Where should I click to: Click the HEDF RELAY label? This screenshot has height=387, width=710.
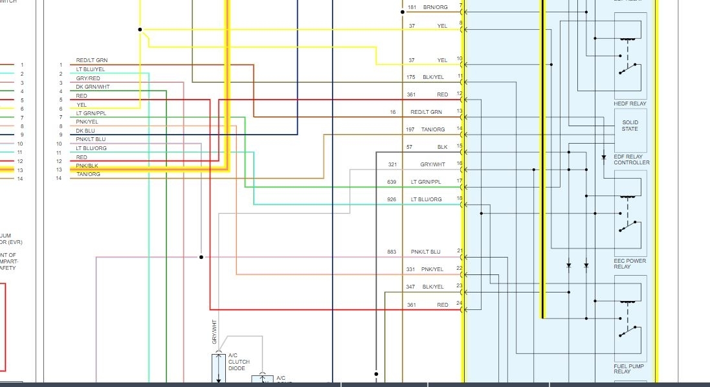click(630, 104)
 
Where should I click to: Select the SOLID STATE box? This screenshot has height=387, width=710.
click(630, 126)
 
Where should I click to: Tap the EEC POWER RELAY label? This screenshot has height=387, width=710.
click(630, 264)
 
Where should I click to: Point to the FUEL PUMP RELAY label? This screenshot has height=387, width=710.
click(629, 370)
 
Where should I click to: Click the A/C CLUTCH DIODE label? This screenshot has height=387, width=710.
click(239, 362)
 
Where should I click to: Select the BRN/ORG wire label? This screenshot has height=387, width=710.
click(435, 7)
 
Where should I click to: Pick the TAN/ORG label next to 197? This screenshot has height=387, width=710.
click(433, 129)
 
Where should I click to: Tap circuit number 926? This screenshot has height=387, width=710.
click(392, 199)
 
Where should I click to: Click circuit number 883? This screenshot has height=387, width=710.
click(392, 252)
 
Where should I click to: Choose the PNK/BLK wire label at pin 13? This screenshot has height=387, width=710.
click(87, 166)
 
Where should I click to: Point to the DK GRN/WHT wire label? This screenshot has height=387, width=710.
click(93, 87)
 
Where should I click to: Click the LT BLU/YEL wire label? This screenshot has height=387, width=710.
click(91, 69)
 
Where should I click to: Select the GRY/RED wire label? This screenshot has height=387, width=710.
click(88, 78)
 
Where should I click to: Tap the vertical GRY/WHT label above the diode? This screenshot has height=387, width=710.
click(214, 331)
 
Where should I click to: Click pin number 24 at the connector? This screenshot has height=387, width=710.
click(460, 303)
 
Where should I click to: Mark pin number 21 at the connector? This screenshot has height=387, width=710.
click(460, 250)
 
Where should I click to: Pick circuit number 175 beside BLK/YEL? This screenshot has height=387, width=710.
click(411, 77)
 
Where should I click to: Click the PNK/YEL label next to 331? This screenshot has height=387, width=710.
click(432, 269)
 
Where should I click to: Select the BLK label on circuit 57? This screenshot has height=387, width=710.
click(442, 147)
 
